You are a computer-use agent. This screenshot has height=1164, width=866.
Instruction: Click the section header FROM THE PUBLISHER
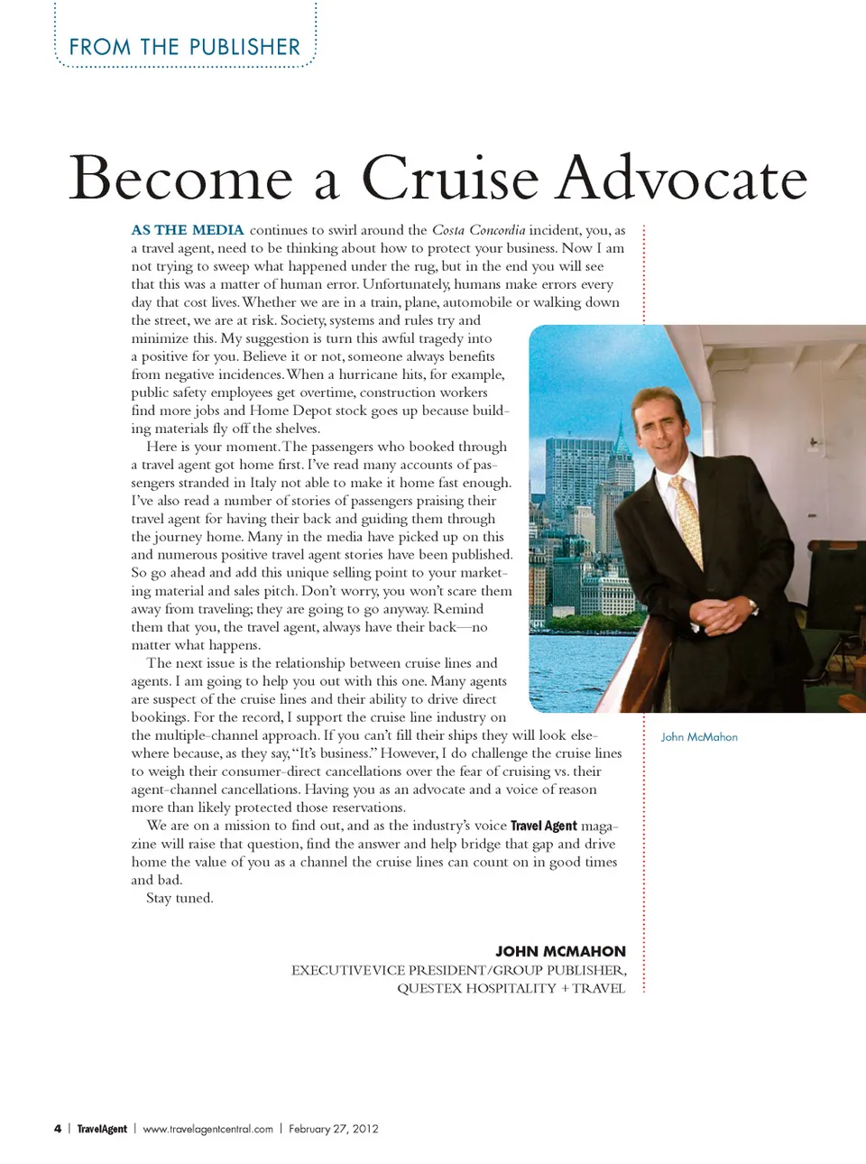pyautogui.click(x=185, y=47)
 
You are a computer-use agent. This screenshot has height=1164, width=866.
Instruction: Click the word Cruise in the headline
pyautogui.click(x=450, y=178)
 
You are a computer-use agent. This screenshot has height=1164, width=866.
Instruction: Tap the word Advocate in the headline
pyautogui.click(x=681, y=178)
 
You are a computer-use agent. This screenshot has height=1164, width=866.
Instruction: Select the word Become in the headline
pyautogui.click(x=181, y=178)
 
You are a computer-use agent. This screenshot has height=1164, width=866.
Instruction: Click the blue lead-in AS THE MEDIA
pyautogui.click(x=188, y=230)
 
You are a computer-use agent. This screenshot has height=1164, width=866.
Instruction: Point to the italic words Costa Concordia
pyautogui.click(x=478, y=230)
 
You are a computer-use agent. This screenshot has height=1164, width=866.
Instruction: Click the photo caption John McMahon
pyautogui.click(x=699, y=737)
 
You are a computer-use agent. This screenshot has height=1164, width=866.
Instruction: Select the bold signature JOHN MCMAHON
pyautogui.click(x=560, y=951)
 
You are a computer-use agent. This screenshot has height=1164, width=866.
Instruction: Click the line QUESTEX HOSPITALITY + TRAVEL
pyautogui.click(x=511, y=988)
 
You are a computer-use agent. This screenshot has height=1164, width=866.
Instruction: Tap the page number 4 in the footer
pyautogui.click(x=58, y=1129)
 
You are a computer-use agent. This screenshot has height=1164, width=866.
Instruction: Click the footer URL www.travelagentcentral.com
pyautogui.click(x=207, y=1129)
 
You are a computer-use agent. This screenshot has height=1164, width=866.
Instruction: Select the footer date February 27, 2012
pyautogui.click(x=334, y=1129)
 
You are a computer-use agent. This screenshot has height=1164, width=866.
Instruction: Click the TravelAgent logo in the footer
pyautogui.click(x=102, y=1129)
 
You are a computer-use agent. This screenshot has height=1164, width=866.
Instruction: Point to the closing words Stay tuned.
pyautogui.click(x=180, y=898)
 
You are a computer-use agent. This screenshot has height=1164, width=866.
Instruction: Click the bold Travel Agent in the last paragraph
pyautogui.click(x=543, y=826)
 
